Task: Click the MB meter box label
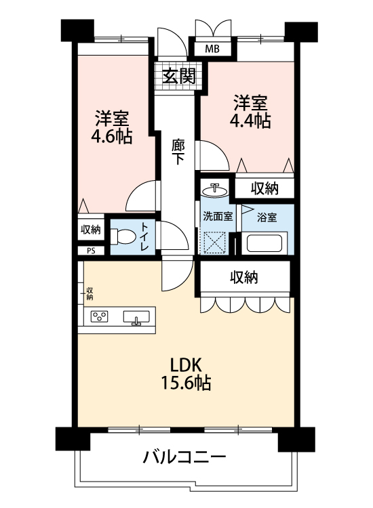click(212, 49)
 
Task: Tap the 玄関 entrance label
click(179, 77)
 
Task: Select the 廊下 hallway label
click(178, 151)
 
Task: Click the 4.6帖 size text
click(112, 136)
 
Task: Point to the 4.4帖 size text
click(250, 121)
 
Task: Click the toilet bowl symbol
click(123, 236)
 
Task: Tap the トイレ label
click(144, 236)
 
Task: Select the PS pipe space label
click(91, 251)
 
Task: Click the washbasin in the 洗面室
click(215, 190)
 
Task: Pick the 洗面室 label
click(218, 216)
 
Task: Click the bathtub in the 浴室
click(264, 243)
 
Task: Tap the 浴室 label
click(267, 217)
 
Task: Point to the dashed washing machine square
click(214, 242)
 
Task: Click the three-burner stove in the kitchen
click(99, 316)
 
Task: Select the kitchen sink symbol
click(136, 317)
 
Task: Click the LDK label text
click(186, 365)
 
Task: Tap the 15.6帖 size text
click(186, 383)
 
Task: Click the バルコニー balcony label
click(184, 457)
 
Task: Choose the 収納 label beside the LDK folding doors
click(244, 277)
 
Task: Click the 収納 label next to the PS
click(91, 230)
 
